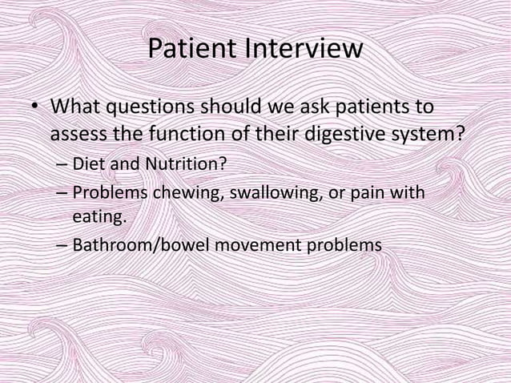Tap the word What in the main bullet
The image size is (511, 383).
click(x=76, y=107)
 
